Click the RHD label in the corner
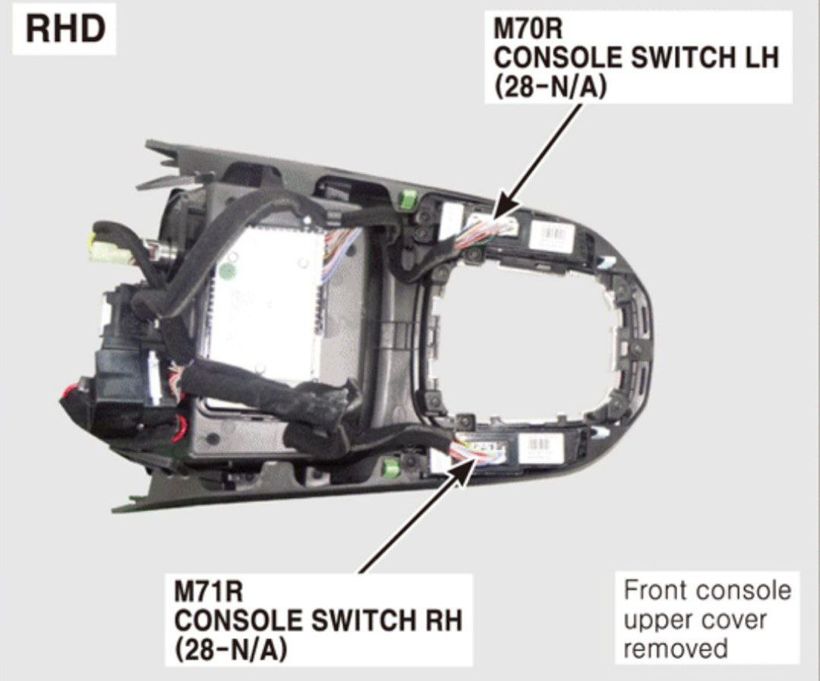[x=65, y=30]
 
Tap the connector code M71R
[x=209, y=593]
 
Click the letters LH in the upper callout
[x=758, y=57]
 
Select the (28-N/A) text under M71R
[x=231, y=650]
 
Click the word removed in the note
[x=676, y=648]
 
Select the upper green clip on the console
[x=408, y=198]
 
